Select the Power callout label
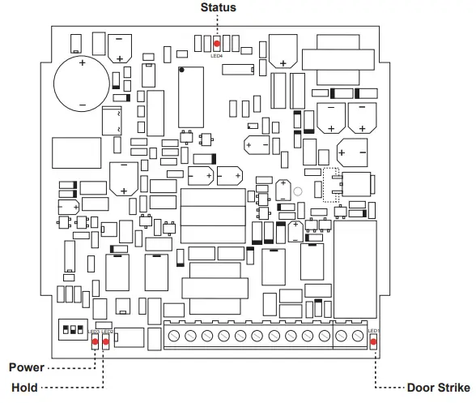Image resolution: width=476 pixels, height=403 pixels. (27, 367)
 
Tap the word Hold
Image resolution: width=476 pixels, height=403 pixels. (25, 388)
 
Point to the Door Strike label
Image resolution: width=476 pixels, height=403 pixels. (436, 388)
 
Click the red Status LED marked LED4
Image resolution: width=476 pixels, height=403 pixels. (217, 44)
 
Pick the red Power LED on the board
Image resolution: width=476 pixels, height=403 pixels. (95, 341)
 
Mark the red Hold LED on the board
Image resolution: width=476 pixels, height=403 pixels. (106, 341)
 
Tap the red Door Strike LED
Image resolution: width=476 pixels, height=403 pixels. (373, 341)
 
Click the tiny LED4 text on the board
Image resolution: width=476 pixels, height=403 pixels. (217, 56)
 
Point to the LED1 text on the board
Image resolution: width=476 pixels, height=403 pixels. (373, 331)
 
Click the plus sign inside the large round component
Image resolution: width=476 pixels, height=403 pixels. (81, 61)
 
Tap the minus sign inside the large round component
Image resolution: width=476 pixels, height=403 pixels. (82, 105)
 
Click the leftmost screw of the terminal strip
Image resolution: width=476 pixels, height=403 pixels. (172, 335)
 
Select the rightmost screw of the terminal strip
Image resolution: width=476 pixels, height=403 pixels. (359, 335)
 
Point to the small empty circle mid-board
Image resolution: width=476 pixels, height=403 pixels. (298, 193)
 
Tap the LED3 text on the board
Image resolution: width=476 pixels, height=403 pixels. (94, 332)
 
